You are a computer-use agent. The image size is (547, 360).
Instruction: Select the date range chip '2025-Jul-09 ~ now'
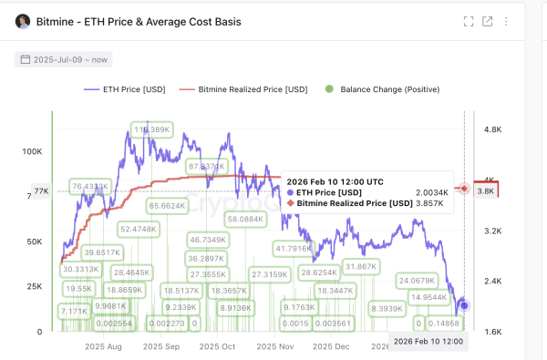click(63, 59)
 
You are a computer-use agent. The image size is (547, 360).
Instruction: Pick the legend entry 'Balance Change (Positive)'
click(382, 89)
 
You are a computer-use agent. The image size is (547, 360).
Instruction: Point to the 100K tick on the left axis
click(32, 151)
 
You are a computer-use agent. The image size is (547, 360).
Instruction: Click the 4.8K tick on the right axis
click(493, 130)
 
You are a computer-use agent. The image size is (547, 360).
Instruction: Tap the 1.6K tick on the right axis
click(493, 333)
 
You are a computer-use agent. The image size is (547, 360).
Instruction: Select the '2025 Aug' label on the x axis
click(102, 347)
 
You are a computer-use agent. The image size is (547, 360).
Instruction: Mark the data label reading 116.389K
click(152, 130)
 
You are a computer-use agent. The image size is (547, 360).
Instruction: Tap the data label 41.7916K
click(294, 248)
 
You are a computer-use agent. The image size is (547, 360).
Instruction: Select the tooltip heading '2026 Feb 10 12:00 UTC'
click(333, 181)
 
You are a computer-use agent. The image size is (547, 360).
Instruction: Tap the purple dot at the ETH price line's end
click(464, 304)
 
